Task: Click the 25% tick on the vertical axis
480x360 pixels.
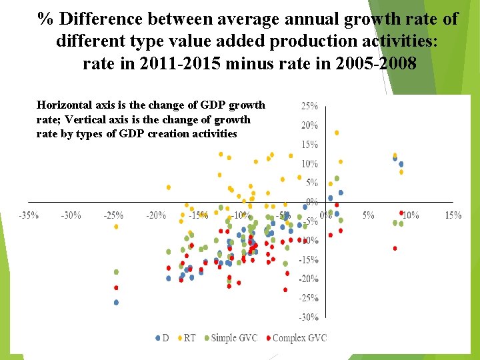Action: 309,106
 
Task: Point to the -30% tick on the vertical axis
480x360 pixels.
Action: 308,317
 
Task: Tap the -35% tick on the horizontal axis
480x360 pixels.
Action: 28,215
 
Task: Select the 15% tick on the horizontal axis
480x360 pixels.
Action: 453,215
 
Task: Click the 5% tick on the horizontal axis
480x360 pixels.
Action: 368,215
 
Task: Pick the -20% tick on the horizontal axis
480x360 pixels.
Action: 155,215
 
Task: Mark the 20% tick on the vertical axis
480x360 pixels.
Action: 309,125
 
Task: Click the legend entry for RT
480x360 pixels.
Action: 189,338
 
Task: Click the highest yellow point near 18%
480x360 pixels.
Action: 337,133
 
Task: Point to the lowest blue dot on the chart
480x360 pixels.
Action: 116,302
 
